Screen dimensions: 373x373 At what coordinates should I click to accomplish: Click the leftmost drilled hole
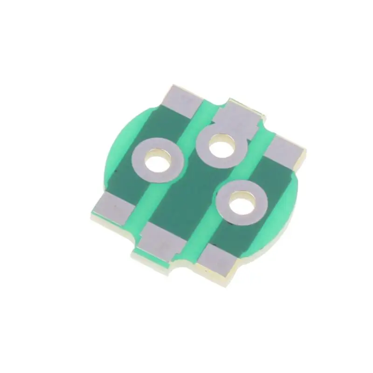click(x=158, y=163)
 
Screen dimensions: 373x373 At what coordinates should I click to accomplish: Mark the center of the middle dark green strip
click(x=186, y=196)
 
